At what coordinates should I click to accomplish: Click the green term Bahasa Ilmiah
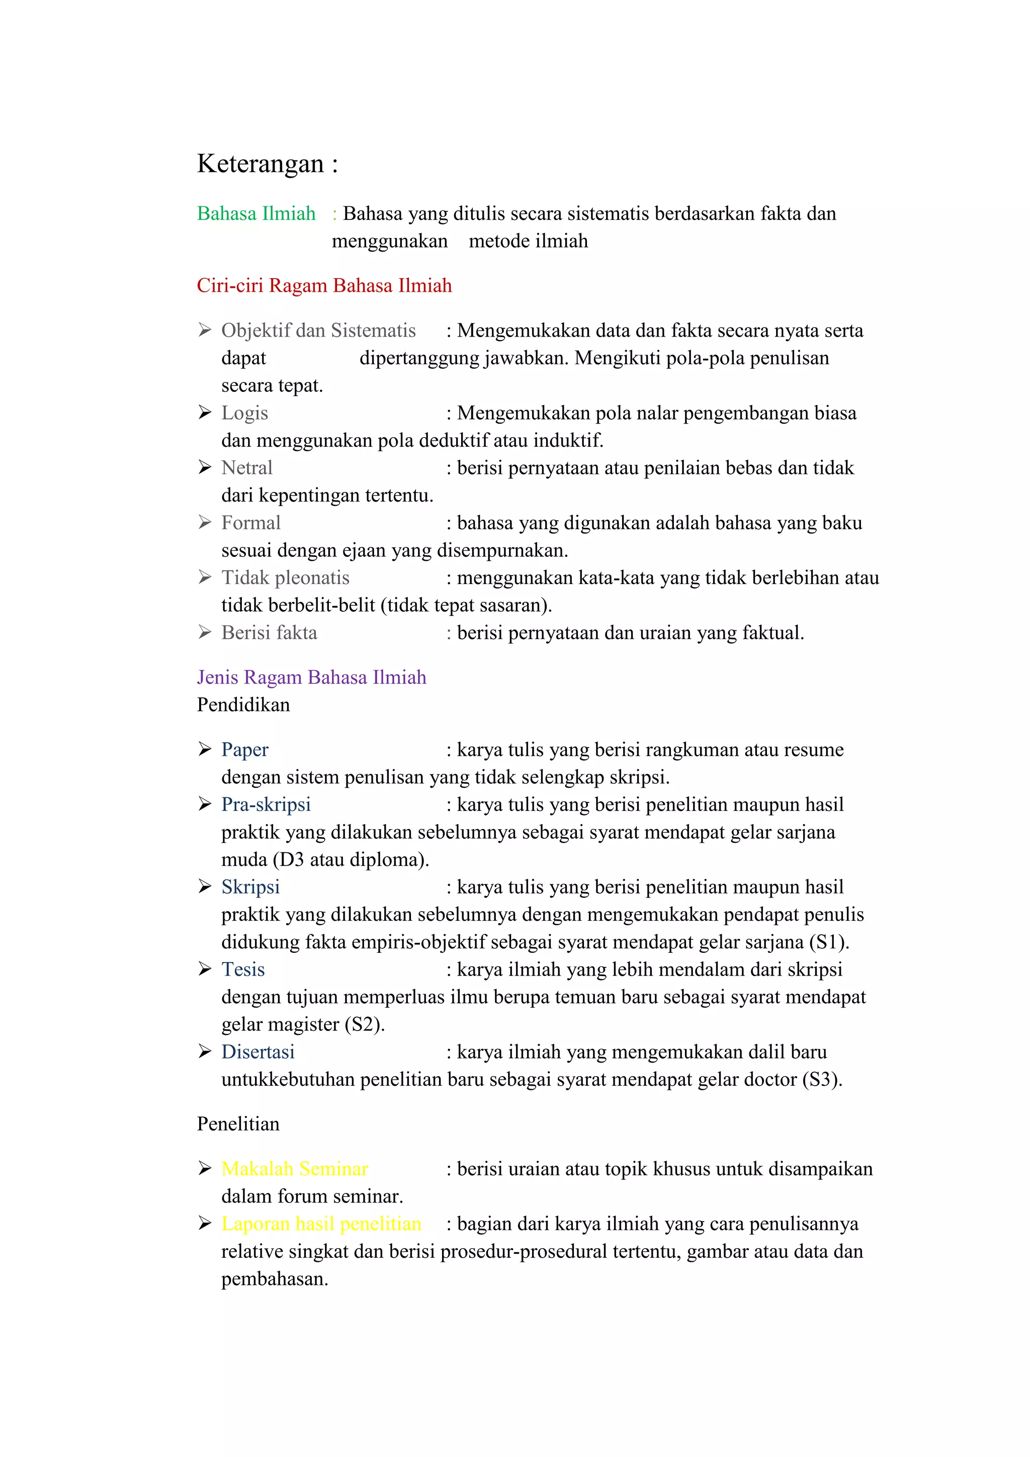pos(256,214)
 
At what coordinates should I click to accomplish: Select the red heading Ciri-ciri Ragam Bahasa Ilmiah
pos(324,286)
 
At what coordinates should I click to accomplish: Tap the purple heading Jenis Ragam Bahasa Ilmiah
pos(311,677)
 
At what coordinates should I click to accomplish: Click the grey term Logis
pos(245,413)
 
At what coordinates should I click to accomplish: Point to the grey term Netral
pos(247,468)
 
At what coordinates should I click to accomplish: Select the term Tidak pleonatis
pos(285,578)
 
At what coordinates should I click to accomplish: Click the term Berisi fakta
pos(269,633)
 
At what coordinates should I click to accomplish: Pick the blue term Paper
pos(245,750)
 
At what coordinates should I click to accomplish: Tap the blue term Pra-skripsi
pos(266,804)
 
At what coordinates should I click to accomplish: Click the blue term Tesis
pos(243,969)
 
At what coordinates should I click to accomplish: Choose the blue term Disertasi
pos(258,1052)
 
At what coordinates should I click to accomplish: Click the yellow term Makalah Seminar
pos(295,1169)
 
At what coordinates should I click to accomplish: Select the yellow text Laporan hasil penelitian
pos(321,1224)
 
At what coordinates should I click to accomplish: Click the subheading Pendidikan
pos(243,705)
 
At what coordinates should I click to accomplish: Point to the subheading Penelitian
pos(238,1124)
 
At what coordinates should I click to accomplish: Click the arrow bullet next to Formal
pos(204,522)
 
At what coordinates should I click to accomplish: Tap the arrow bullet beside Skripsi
pos(204,886)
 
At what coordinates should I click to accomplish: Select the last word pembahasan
pos(274,1279)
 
